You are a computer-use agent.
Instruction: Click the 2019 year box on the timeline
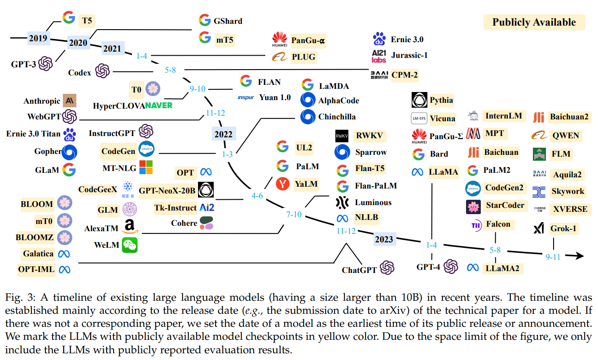pyautogui.click(x=38, y=38)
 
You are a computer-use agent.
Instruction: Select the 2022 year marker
pyautogui.click(x=223, y=134)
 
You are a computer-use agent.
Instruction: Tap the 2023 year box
pyautogui.click(x=384, y=239)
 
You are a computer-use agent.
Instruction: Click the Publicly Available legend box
pyautogui.click(x=534, y=22)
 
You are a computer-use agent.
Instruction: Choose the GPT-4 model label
pyautogui.click(x=428, y=267)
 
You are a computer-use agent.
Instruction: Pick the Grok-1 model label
pyautogui.click(x=563, y=228)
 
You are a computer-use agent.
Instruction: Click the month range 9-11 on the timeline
pyautogui.click(x=553, y=258)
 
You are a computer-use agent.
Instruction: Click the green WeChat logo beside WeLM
pyautogui.click(x=130, y=245)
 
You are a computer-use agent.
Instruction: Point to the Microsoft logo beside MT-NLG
pyautogui.click(x=146, y=167)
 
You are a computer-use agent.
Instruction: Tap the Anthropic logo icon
pyautogui.click(x=70, y=101)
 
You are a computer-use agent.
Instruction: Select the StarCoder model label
pyautogui.click(x=505, y=205)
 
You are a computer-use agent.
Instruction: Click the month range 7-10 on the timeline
pyautogui.click(x=294, y=215)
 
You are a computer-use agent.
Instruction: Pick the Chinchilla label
pyautogui.click(x=337, y=117)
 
